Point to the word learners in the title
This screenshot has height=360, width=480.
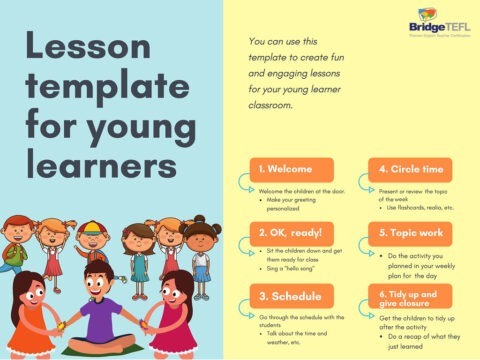96,164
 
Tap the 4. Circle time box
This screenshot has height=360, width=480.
410,169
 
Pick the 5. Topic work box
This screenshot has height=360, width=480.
410,232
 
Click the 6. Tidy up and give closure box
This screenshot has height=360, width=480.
410,296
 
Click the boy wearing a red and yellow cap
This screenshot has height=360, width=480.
92,245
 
